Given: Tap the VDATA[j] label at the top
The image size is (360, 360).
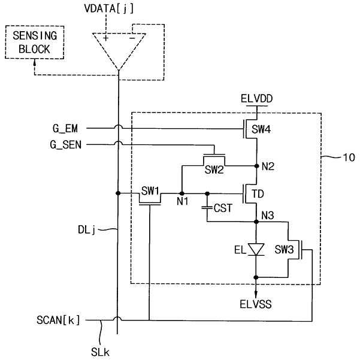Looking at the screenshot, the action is point(108,8).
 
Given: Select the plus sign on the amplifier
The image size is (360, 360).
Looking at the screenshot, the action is point(105,38).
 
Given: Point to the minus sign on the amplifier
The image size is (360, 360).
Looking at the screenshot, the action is point(132,38).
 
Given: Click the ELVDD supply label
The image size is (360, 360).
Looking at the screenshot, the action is point(257,99).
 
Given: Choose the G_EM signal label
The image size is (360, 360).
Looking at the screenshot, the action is point(65,129).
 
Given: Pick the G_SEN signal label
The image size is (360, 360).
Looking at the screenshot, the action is point(66,145).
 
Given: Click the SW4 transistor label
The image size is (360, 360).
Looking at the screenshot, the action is point(261,129).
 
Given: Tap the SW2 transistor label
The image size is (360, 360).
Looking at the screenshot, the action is point(214,170).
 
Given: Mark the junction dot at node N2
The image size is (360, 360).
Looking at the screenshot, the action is point(257,166).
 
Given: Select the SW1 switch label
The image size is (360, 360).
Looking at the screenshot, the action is point(150,191).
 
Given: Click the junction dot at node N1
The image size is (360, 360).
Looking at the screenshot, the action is point(182,193).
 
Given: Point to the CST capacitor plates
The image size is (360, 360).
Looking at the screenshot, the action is point(207,207).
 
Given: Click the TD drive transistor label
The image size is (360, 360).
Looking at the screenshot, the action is point(258,194).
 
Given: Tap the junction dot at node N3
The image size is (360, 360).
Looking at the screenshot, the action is point(256,222).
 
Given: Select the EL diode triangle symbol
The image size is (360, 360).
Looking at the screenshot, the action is point(256,249).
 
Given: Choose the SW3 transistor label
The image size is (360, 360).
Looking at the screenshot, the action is point(285,249).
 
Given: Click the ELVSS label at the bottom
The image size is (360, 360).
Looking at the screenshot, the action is point(256,304).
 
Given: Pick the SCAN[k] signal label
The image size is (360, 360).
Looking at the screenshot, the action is point(58,320).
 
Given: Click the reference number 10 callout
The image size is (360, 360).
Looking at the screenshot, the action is point(349,158).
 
